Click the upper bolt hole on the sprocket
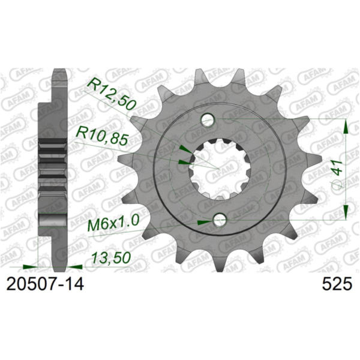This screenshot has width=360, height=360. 208,120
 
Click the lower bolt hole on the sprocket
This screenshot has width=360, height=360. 220,221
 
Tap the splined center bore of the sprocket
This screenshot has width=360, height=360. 214,170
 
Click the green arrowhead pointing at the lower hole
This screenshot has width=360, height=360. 205,222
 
